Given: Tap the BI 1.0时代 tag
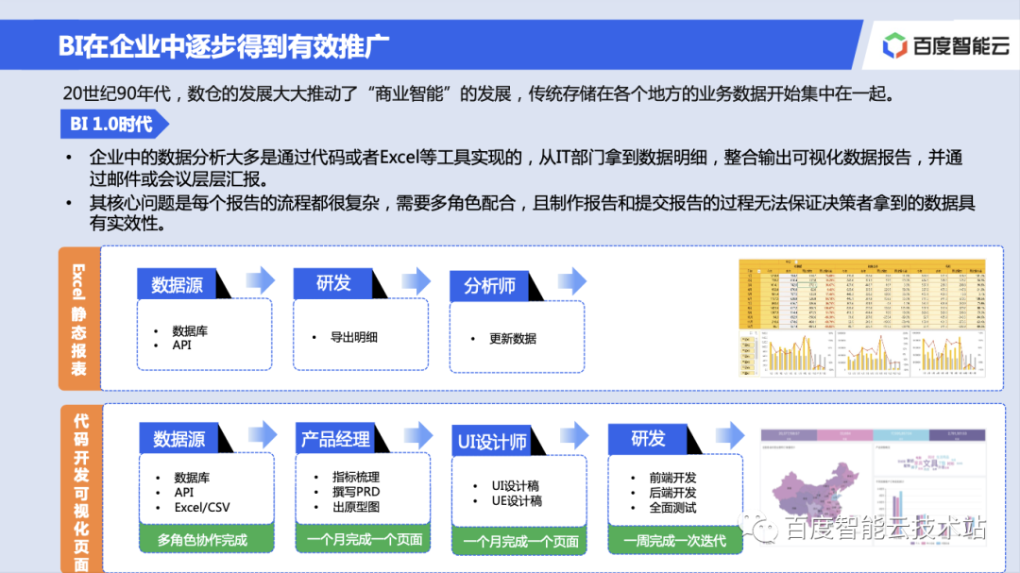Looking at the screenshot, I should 113,124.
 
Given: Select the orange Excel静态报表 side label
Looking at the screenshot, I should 78,318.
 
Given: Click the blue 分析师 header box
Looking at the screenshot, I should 489,285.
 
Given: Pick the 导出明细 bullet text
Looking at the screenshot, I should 353,336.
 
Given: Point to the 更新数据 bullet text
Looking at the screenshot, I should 513,338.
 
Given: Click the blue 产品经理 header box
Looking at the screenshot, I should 335,440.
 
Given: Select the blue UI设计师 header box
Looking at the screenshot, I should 491,442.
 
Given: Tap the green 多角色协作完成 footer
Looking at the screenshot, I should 202,539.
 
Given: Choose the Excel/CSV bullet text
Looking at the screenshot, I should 201,507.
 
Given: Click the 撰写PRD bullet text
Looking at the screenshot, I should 355,492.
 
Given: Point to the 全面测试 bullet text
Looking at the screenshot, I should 672,507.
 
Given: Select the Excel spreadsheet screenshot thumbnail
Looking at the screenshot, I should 861,318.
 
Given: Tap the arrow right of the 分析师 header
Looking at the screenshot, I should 571,280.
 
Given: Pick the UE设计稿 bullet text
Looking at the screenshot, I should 516,500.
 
